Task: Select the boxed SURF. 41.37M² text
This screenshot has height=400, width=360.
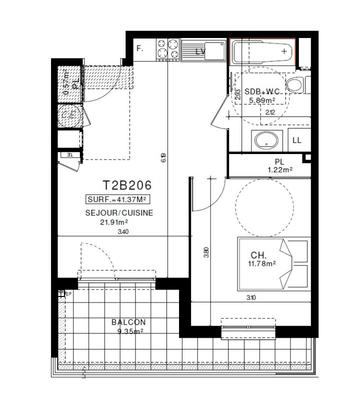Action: pyautogui.click(x=124, y=200)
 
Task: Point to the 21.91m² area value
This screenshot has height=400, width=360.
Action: pyautogui.click(x=117, y=222)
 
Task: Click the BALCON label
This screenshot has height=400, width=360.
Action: pyautogui.click(x=129, y=322)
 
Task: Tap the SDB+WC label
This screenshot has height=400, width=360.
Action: pyautogui.click(x=263, y=91)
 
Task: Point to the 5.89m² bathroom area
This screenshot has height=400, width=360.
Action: pyautogui.click(x=262, y=100)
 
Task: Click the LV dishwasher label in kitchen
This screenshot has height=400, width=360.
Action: pyautogui.click(x=200, y=49)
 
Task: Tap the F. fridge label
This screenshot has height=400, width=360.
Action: pyautogui.click(x=139, y=48)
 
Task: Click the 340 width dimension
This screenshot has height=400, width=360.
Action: pyautogui.click(x=123, y=232)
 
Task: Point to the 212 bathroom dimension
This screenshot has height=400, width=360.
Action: pyautogui.click(x=270, y=112)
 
